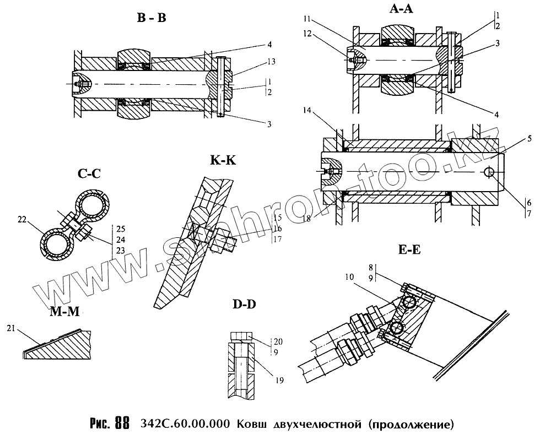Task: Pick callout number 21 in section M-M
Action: [x=10, y=329]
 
